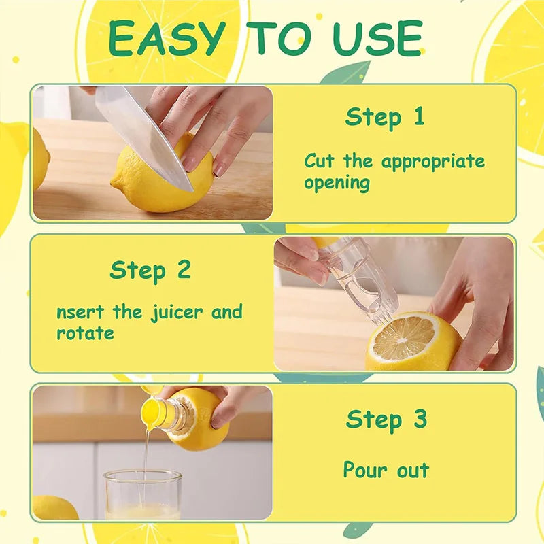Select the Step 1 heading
(385, 117)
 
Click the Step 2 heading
(150, 270)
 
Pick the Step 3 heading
(386, 419)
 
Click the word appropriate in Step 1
(433, 162)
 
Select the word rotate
(85, 334)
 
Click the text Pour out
(386, 470)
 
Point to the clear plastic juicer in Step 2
(360, 275)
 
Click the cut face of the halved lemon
(404, 338)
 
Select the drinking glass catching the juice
(143, 493)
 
